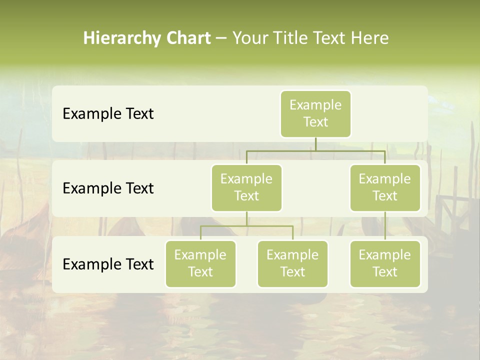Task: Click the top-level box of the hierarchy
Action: tap(315, 114)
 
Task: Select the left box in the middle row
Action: tap(246, 187)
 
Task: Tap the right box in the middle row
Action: tap(385, 187)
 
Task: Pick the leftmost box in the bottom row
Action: tap(200, 263)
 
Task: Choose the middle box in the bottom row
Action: tap(292, 263)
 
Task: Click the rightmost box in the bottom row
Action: tap(385, 263)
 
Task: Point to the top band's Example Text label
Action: tap(108, 114)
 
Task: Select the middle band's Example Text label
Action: tap(108, 188)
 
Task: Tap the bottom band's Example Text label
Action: tap(108, 264)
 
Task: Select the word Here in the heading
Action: tap(370, 38)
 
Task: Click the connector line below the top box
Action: tap(315, 144)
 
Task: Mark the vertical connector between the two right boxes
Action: tap(385, 226)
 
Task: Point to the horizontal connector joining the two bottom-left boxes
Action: tap(246, 226)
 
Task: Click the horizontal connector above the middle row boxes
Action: tap(315, 150)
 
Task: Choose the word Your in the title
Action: tap(249, 38)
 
